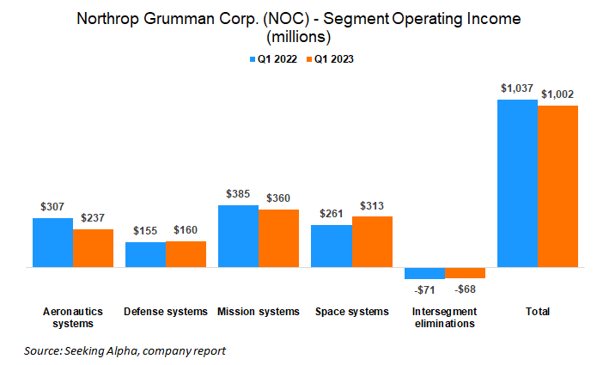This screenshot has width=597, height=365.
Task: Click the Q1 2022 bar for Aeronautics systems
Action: point(52,243)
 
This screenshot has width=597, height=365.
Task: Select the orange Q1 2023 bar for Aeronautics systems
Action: point(93,248)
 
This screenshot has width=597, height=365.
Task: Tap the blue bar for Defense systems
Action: point(145,255)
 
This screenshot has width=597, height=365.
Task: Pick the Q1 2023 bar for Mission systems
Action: point(279,239)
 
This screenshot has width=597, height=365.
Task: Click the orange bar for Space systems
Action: point(372,242)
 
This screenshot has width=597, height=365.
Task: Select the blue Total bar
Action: point(517,184)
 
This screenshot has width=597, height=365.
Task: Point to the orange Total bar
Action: point(557,186)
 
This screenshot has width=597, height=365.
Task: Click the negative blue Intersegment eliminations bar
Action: point(424,273)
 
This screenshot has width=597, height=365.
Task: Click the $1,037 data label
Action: point(516,88)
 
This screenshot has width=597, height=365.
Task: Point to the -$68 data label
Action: point(465,289)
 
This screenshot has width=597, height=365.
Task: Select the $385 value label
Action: point(239,194)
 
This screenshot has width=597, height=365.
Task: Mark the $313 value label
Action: point(372,205)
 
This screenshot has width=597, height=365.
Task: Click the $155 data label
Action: point(146,231)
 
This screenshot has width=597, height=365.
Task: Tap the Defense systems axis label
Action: point(166,311)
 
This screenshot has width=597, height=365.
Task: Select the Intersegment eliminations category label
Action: point(444,317)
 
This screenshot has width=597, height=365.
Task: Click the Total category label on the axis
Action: point(538,311)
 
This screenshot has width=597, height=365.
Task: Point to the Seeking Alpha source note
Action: point(125,350)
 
